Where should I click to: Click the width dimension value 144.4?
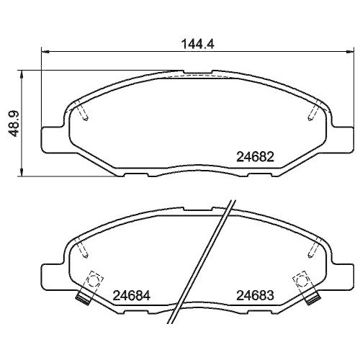(198, 42)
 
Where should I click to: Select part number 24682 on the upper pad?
(256, 156)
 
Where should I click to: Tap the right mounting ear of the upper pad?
(342, 138)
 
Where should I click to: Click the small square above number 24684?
(94, 278)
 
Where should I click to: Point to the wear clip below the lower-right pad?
(312, 295)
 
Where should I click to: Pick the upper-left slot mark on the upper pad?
(83, 112)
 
